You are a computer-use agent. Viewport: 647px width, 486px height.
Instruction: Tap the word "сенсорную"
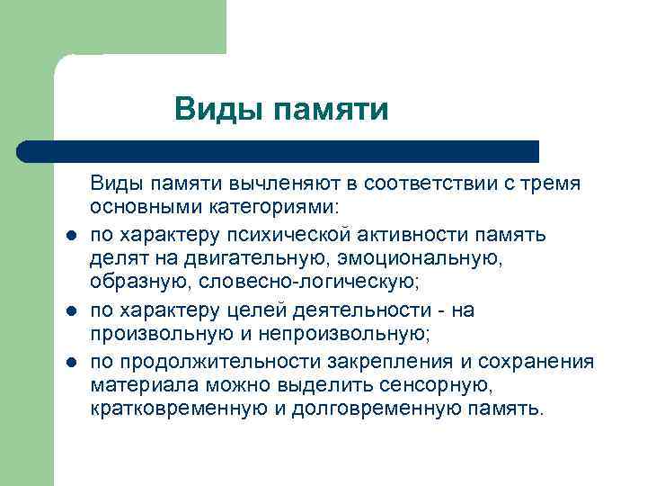coord(446,385)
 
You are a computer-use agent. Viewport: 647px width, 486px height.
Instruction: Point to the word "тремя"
coord(556,184)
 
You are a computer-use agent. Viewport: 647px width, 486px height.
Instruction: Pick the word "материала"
coord(132,385)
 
